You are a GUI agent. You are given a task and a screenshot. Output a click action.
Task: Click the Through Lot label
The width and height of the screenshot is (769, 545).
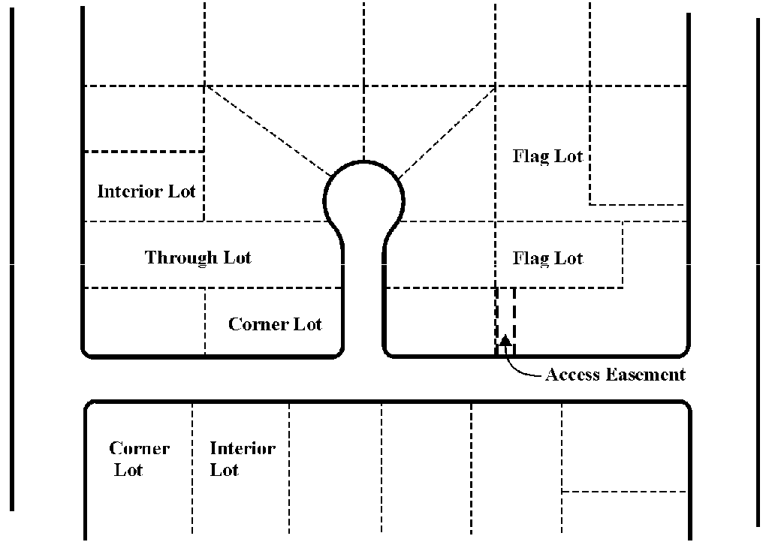(x=198, y=257)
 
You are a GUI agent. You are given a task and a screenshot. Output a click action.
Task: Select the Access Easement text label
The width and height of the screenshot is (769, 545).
(x=615, y=375)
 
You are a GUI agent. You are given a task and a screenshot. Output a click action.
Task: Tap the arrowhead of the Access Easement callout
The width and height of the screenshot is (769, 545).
(x=505, y=339)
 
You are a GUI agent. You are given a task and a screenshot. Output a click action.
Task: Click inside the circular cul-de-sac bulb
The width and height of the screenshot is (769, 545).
(x=363, y=200)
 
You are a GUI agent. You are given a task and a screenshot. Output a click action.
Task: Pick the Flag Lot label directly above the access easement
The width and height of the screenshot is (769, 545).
(x=547, y=258)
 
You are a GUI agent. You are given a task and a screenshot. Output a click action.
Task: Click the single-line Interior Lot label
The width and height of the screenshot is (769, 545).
(x=146, y=191)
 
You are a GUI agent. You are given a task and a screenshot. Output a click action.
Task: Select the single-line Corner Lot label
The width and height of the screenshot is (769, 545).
(x=275, y=324)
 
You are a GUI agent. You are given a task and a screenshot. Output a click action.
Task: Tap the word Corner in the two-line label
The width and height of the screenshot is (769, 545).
(x=139, y=448)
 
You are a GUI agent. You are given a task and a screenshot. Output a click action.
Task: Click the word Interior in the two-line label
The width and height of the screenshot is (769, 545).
(x=243, y=448)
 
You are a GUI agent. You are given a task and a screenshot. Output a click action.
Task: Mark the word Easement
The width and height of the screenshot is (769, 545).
(x=646, y=375)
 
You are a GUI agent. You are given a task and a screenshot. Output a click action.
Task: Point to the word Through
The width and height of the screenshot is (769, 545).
(x=181, y=257)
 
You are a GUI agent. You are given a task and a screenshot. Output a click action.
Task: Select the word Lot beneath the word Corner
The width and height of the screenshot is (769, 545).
(x=128, y=469)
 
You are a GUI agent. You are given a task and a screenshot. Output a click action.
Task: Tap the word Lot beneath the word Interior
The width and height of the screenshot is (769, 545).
(x=224, y=469)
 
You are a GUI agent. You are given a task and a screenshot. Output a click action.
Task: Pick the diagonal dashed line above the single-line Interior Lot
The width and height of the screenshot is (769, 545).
(x=268, y=131)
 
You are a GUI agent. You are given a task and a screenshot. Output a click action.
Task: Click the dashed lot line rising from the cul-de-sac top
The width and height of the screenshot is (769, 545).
(x=363, y=80)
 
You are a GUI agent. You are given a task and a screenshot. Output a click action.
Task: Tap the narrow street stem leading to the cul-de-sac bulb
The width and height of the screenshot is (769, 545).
(x=363, y=299)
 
